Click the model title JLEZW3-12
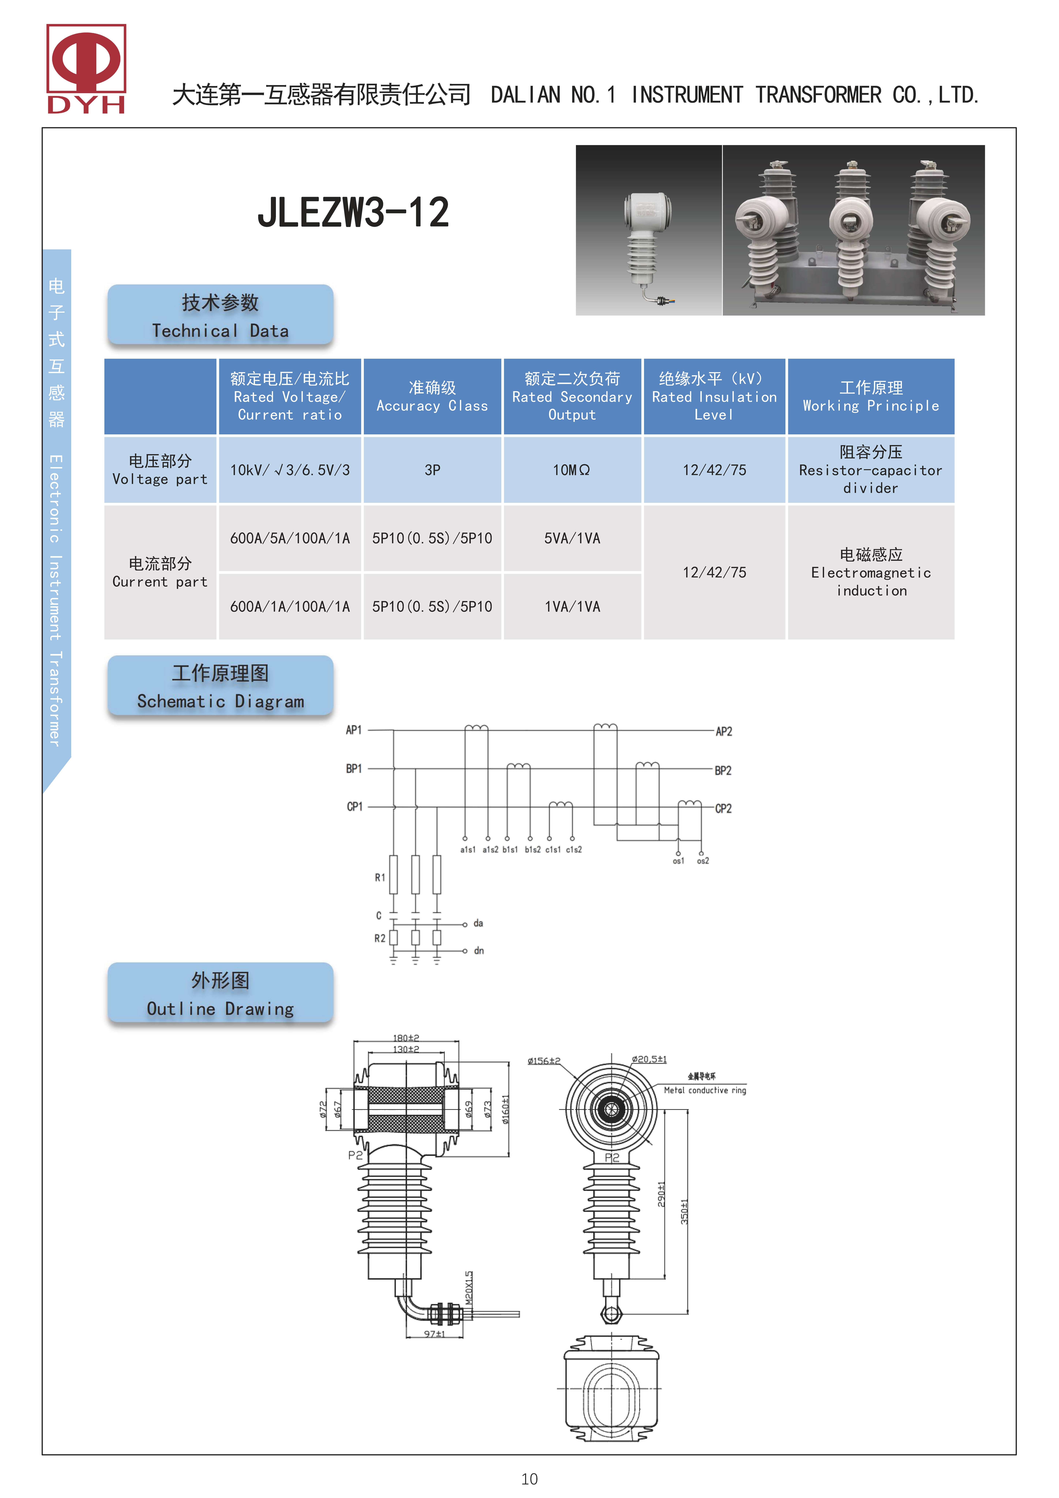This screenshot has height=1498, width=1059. [x=353, y=213]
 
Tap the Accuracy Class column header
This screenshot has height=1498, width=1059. [x=432, y=397]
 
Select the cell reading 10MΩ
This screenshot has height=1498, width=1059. [x=572, y=470]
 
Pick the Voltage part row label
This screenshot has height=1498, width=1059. [x=160, y=470]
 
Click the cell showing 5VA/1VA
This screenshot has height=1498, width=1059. [x=572, y=538]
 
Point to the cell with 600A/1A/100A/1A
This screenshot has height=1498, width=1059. [x=290, y=607]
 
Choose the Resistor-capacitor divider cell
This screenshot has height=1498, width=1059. [x=870, y=470]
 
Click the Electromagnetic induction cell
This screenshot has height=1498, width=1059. [x=870, y=572]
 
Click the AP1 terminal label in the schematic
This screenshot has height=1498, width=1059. [x=354, y=730]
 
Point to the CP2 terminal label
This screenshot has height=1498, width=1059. [x=723, y=808]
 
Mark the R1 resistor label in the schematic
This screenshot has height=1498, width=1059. [x=380, y=878]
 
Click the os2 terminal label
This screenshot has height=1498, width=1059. [x=703, y=861]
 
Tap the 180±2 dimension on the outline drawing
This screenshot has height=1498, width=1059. [x=406, y=1037]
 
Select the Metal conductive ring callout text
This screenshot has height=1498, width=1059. [x=705, y=1090]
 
